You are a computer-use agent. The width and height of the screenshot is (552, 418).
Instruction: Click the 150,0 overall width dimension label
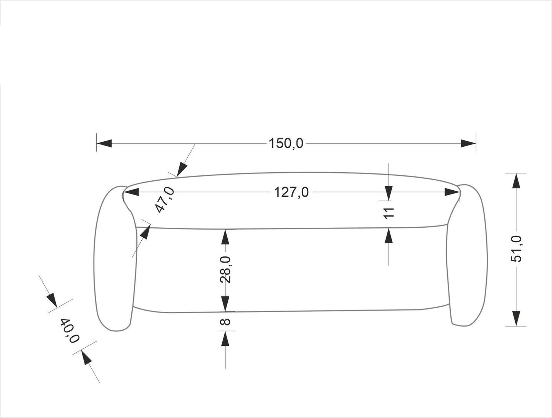[x=286, y=143]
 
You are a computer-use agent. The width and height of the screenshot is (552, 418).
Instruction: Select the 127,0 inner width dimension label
[x=291, y=192]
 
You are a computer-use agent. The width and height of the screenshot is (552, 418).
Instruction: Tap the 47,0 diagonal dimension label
[x=165, y=200]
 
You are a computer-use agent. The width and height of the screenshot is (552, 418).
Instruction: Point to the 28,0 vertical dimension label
[x=225, y=269]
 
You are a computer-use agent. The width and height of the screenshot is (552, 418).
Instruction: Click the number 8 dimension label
[x=225, y=322]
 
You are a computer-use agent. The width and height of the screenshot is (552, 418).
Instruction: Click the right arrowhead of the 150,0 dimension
[x=468, y=143]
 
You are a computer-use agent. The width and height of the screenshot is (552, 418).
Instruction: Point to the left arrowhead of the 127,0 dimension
[x=131, y=193]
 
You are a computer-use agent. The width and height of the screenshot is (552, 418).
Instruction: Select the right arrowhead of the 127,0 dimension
[x=452, y=193]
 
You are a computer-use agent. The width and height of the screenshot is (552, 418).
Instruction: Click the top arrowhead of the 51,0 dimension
[x=516, y=181]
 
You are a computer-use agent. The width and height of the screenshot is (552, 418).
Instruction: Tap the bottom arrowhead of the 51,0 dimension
[x=516, y=318]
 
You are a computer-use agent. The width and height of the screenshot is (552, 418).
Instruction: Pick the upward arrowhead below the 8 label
[x=225, y=339]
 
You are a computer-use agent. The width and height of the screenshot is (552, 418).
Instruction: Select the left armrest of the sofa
[x=114, y=260]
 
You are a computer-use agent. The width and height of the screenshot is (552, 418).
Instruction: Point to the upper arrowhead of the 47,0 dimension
[x=182, y=168]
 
